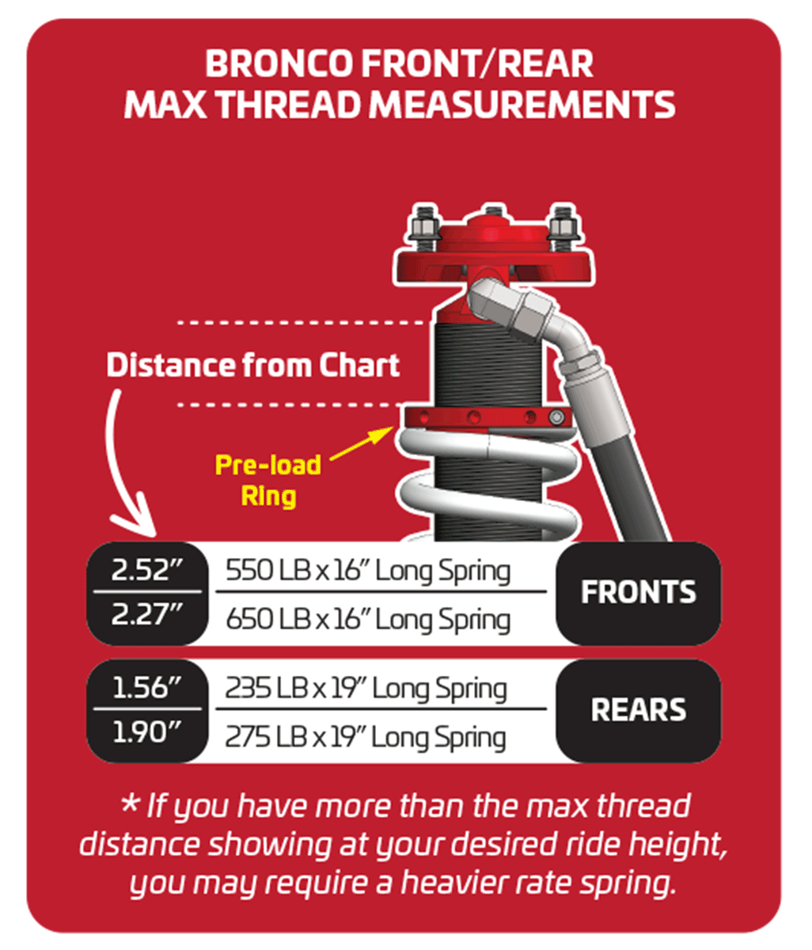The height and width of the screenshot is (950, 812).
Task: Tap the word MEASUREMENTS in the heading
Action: [x=522, y=104]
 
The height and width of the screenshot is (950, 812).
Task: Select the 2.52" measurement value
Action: [x=147, y=570]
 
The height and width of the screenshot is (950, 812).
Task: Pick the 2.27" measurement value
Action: [x=147, y=614]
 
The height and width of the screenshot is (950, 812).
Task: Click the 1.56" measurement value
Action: [x=147, y=688]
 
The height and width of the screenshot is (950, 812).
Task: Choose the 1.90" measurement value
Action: [x=147, y=731]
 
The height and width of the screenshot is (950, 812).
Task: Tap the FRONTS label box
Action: [x=639, y=593]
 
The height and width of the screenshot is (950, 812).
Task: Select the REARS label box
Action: [x=639, y=711]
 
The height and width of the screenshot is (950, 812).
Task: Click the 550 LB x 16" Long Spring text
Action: [x=368, y=572]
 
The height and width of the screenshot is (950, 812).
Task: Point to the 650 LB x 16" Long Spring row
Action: [x=368, y=620]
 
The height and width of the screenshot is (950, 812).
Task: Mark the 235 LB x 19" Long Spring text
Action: [x=366, y=689]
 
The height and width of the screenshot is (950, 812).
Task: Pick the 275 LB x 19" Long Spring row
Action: [x=366, y=738]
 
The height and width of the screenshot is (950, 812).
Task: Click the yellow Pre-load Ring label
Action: [x=268, y=481]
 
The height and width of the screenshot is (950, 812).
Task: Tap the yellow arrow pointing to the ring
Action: [x=361, y=443]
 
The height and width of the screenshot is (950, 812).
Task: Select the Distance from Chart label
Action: [x=253, y=366]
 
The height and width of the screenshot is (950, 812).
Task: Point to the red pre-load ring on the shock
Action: [x=488, y=417]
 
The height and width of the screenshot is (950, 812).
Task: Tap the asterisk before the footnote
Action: [x=130, y=805]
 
